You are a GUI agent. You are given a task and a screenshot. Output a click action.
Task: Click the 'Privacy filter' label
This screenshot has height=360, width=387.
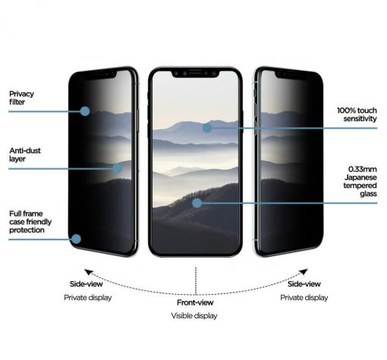tap(21, 98)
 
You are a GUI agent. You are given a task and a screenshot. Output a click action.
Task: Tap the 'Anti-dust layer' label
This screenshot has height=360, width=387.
tap(25, 155)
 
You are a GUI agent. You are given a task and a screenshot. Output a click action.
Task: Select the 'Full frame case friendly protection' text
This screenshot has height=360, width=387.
tap(30, 222)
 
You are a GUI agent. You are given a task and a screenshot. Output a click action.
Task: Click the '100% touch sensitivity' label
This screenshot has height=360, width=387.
tap(357, 114)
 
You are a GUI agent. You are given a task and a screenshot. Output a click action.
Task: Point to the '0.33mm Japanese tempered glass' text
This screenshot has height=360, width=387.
tap(360, 181)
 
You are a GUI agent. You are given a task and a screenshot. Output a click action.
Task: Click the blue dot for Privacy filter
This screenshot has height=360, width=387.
tap(85, 111)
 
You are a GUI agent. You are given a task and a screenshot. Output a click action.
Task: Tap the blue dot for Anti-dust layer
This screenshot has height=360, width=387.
tap(117, 168)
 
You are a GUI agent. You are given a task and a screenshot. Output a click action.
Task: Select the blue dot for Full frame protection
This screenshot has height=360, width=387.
tap(76, 239)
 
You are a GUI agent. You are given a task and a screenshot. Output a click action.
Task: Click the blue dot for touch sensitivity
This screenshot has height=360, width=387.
tap(207, 128)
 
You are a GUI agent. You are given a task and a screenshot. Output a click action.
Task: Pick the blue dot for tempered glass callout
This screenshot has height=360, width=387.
tap(197, 203)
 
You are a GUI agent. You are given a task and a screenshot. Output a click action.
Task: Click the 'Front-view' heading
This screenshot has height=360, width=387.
tap(195, 302)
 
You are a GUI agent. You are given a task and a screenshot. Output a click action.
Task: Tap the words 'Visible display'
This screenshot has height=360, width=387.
tap(194, 316)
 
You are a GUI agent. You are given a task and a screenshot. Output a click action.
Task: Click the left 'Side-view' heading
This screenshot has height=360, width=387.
tap(87, 284)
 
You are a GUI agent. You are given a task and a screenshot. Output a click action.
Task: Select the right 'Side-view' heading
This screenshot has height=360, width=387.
tap(304, 284)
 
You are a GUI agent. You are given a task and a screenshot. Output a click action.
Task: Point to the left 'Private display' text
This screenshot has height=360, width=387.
tap(88, 298)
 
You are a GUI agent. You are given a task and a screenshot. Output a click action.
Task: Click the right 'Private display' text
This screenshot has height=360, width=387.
tap(304, 298)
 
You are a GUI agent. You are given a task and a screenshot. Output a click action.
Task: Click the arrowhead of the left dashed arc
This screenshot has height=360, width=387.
tap(88, 272)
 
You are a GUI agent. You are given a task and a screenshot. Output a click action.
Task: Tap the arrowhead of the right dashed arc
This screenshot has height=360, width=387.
tap(304, 272)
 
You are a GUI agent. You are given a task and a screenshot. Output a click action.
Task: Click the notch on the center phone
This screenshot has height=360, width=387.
tap(195, 74)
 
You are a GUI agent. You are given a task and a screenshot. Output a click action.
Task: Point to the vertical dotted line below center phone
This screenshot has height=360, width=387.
tap(196, 281)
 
